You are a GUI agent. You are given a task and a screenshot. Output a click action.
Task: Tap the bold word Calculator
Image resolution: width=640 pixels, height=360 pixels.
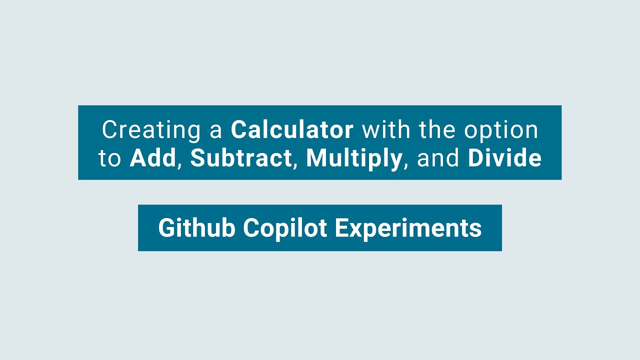point(292,130)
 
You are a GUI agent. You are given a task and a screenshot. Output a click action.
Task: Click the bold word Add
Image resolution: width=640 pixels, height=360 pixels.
point(153,158)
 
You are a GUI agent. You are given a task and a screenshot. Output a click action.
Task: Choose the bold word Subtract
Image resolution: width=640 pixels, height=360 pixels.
point(241,158)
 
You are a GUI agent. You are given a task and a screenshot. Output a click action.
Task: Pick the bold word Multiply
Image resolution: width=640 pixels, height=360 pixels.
point(354,159)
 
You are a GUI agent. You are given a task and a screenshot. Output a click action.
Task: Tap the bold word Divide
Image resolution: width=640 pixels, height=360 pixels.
point(504,158)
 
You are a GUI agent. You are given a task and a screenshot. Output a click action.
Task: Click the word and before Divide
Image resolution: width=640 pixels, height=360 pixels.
point(438,158)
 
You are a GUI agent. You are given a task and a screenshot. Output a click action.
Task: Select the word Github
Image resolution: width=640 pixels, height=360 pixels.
point(197,228)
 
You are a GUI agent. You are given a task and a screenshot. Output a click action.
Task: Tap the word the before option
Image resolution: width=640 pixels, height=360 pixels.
point(437,130)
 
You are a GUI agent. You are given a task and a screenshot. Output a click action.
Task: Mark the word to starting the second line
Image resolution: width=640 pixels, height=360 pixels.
point(109,159)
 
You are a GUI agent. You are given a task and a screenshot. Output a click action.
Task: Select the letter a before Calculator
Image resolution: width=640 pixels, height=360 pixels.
point(216,131)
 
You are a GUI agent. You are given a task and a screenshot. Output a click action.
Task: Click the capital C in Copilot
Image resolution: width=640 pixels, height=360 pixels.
point(251,228)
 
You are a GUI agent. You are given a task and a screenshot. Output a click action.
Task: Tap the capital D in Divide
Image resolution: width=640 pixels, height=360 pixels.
point(475,158)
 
